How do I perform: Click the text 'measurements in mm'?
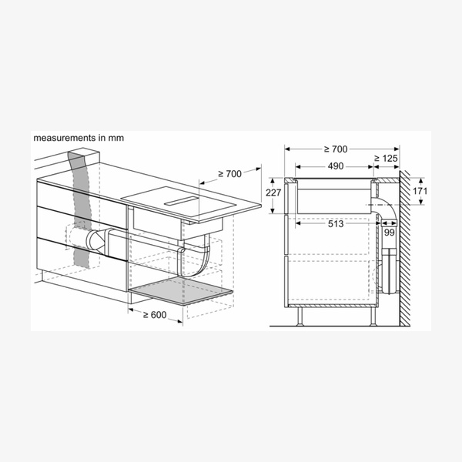coord(79,138)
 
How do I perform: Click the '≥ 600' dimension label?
coord(155,315)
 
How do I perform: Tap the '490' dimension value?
coord(336,166)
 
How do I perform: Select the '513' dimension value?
coord(336,224)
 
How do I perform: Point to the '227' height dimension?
coord(273,192)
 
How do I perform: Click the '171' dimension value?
coord(420,191)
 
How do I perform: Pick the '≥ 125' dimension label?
coord(386,159)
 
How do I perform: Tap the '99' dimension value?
coord(389,233)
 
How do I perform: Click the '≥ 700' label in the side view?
coord(336,149)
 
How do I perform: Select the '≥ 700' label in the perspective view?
coord(229,174)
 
